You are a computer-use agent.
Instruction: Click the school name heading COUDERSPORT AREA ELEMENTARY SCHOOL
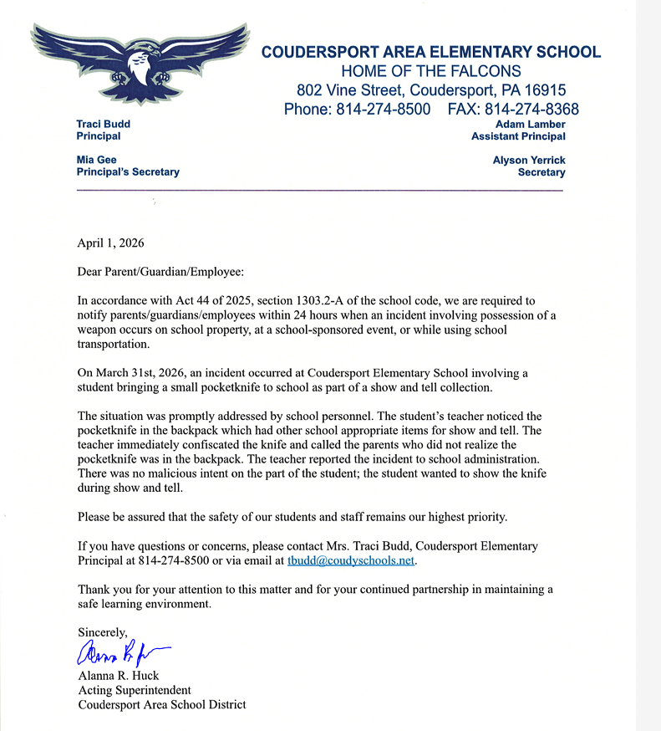(430, 52)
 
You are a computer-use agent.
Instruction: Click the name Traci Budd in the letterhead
(104, 124)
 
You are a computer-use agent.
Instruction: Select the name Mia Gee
(97, 160)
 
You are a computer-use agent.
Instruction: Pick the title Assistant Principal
(518, 136)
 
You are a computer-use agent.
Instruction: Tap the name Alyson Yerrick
(529, 160)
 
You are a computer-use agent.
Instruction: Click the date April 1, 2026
(111, 243)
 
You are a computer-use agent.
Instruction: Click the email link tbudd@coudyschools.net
(351, 560)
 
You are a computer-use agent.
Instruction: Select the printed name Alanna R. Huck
(118, 675)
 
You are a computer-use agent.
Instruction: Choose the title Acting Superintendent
(135, 690)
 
